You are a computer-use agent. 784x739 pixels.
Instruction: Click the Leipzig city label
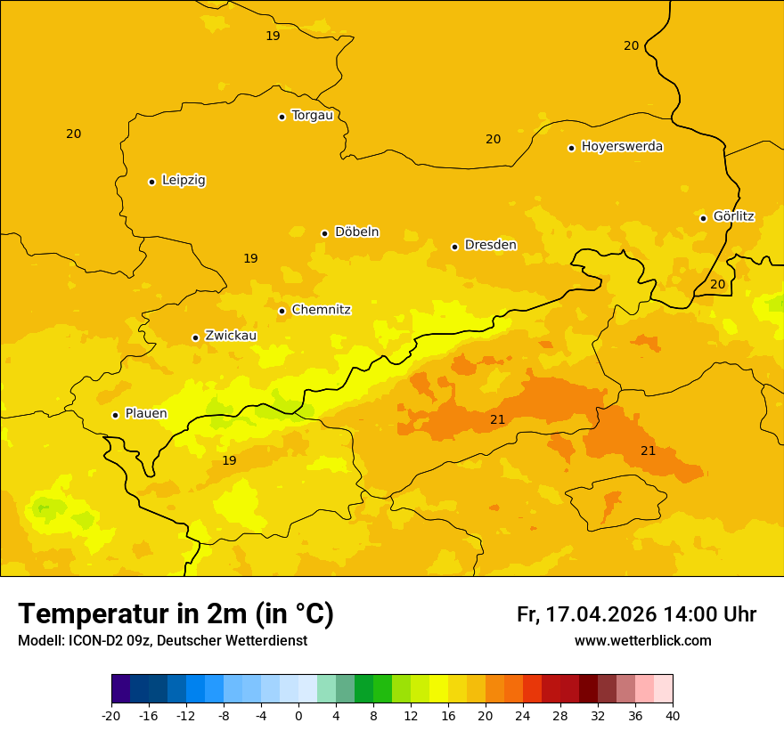pyautogui.click(x=184, y=181)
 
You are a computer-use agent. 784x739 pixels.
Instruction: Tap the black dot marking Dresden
pyautogui.click(x=454, y=247)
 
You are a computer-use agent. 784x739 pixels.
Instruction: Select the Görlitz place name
pyautogui.click(x=733, y=216)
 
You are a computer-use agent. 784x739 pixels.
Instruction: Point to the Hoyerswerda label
pyautogui.click(x=622, y=147)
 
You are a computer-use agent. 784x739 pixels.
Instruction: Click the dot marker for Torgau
pyautogui.click(x=282, y=117)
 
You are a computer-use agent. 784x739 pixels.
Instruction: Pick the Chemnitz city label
pyautogui.click(x=321, y=310)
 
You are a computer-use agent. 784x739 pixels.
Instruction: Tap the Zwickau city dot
pyautogui.click(x=195, y=337)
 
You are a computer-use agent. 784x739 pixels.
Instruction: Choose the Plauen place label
pyautogui.click(x=146, y=414)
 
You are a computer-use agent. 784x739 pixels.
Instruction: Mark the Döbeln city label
pyautogui.click(x=356, y=232)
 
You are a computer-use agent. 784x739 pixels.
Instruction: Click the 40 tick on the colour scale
pyautogui.click(x=673, y=715)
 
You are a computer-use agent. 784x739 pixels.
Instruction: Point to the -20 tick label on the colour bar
pyautogui.click(x=111, y=715)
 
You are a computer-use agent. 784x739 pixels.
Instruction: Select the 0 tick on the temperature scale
pyautogui.click(x=298, y=715)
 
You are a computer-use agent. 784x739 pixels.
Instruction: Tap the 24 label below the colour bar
pyautogui.click(x=523, y=715)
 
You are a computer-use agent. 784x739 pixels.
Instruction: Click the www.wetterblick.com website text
pyautogui.click(x=642, y=641)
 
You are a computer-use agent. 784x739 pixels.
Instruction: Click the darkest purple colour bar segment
pyautogui.click(x=120, y=689)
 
